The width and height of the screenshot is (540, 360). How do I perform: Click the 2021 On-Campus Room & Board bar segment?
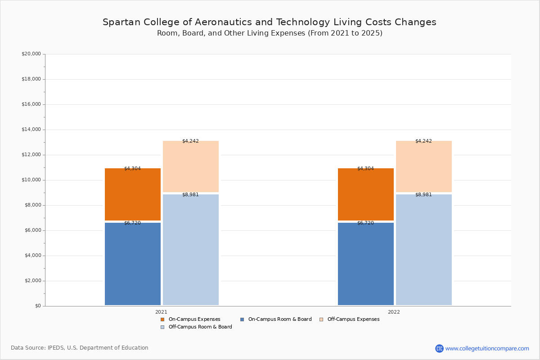(133, 264)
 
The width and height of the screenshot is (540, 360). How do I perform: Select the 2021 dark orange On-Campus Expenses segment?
(133, 194)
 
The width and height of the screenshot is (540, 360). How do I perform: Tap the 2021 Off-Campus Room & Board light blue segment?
(191, 250)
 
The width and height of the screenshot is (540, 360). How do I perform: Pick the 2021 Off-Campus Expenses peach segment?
(191, 166)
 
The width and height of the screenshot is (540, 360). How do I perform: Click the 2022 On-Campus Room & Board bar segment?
(366, 264)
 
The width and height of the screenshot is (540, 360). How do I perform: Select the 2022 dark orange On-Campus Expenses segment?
(366, 194)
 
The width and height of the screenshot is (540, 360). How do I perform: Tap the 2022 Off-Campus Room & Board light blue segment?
(424, 250)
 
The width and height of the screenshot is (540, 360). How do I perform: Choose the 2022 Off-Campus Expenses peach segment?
(424, 166)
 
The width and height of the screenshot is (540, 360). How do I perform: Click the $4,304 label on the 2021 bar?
(132, 169)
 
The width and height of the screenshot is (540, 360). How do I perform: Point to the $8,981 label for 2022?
(423, 195)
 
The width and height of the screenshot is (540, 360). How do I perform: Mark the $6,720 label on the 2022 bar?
(365, 223)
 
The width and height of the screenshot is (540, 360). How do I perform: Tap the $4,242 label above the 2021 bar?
(190, 141)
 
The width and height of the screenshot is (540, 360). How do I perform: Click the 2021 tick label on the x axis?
(161, 312)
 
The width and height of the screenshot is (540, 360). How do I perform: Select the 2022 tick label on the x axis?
(394, 312)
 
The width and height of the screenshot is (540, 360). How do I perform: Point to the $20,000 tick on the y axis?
(31, 54)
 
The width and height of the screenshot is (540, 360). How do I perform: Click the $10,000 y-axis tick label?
(31, 180)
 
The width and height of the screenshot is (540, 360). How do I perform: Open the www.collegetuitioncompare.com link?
(487, 348)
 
